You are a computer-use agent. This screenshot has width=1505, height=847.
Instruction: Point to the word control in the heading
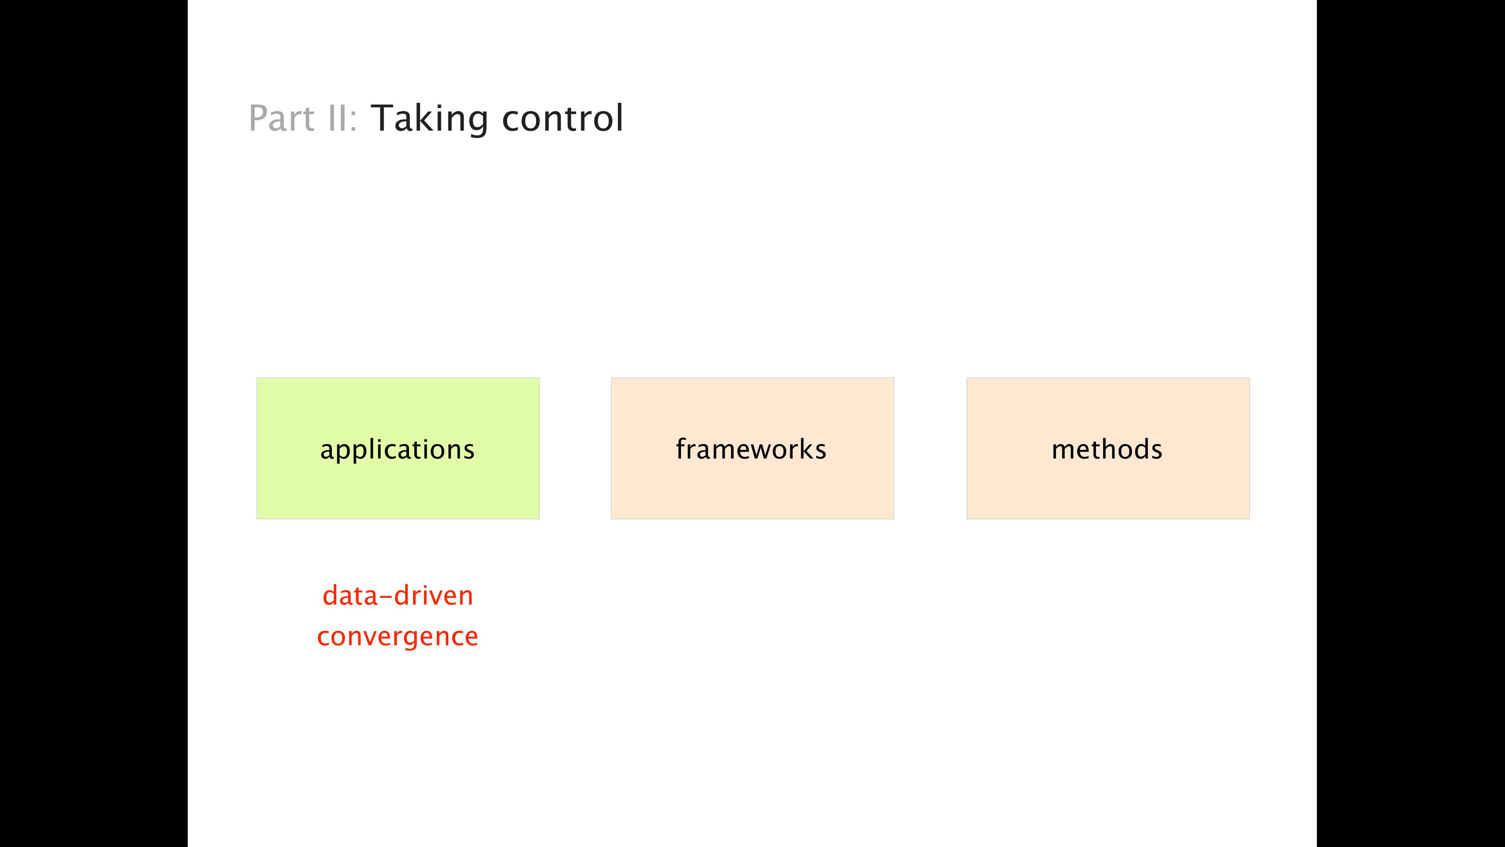coord(562,118)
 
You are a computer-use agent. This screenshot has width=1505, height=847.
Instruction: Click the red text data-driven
coord(398,595)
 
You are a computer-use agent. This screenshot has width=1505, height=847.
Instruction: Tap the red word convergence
coord(397,637)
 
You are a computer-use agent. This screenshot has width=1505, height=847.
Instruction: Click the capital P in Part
coord(258,118)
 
